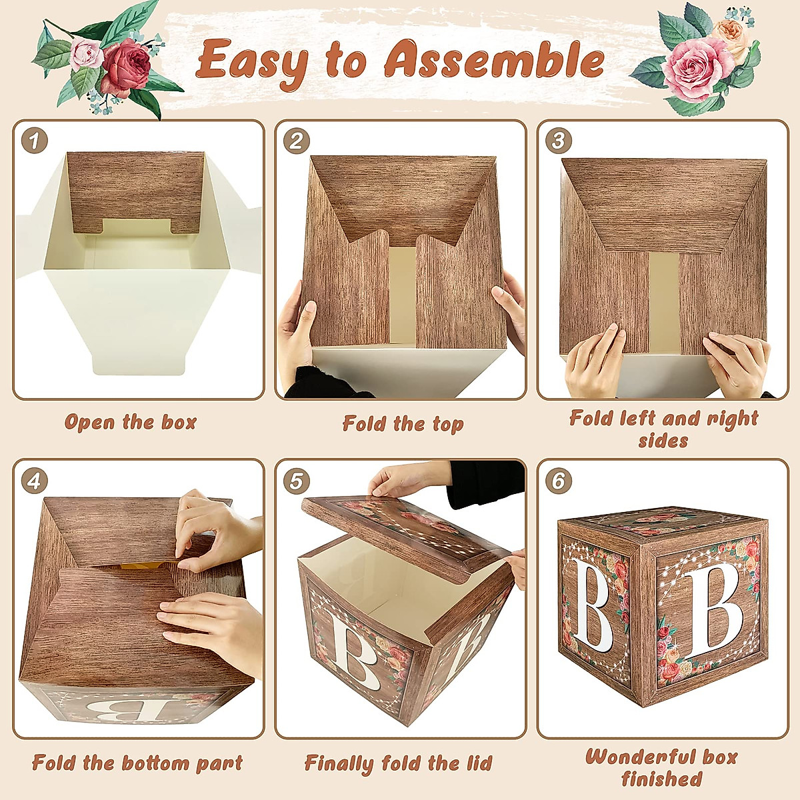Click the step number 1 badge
click(x=34, y=141)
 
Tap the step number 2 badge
click(x=297, y=141)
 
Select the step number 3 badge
click(x=559, y=141)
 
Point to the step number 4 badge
click(x=34, y=481)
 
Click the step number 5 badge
click(x=297, y=481)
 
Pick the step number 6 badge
click(x=559, y=481)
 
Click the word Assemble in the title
click(x=494, y=61)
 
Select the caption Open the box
click(x=131, y=423)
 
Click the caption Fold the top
click(x=403, y=424)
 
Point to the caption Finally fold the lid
click(x=398, y=763)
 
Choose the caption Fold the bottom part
click(x=137, y=763)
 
